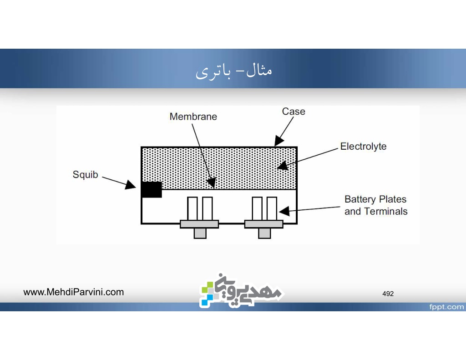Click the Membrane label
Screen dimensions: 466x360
point(193,117)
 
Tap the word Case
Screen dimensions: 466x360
point(294,112)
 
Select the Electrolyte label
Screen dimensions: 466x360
point(363,146)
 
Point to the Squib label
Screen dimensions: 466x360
point(85,174)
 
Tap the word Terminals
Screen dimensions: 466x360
point(386,211)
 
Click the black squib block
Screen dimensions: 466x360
point(152,190)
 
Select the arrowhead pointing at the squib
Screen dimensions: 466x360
point(131,185)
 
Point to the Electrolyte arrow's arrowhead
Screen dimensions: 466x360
point(283,166)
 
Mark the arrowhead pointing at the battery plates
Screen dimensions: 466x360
point(284,211)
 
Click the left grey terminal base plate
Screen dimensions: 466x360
point(199,224)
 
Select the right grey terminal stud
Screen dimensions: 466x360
point(264,233)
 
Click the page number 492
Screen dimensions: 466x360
point(388,294)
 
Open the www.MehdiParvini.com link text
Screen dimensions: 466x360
point(73,292)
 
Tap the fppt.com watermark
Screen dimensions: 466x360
point(446,307)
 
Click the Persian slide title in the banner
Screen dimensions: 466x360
point(233,71)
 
